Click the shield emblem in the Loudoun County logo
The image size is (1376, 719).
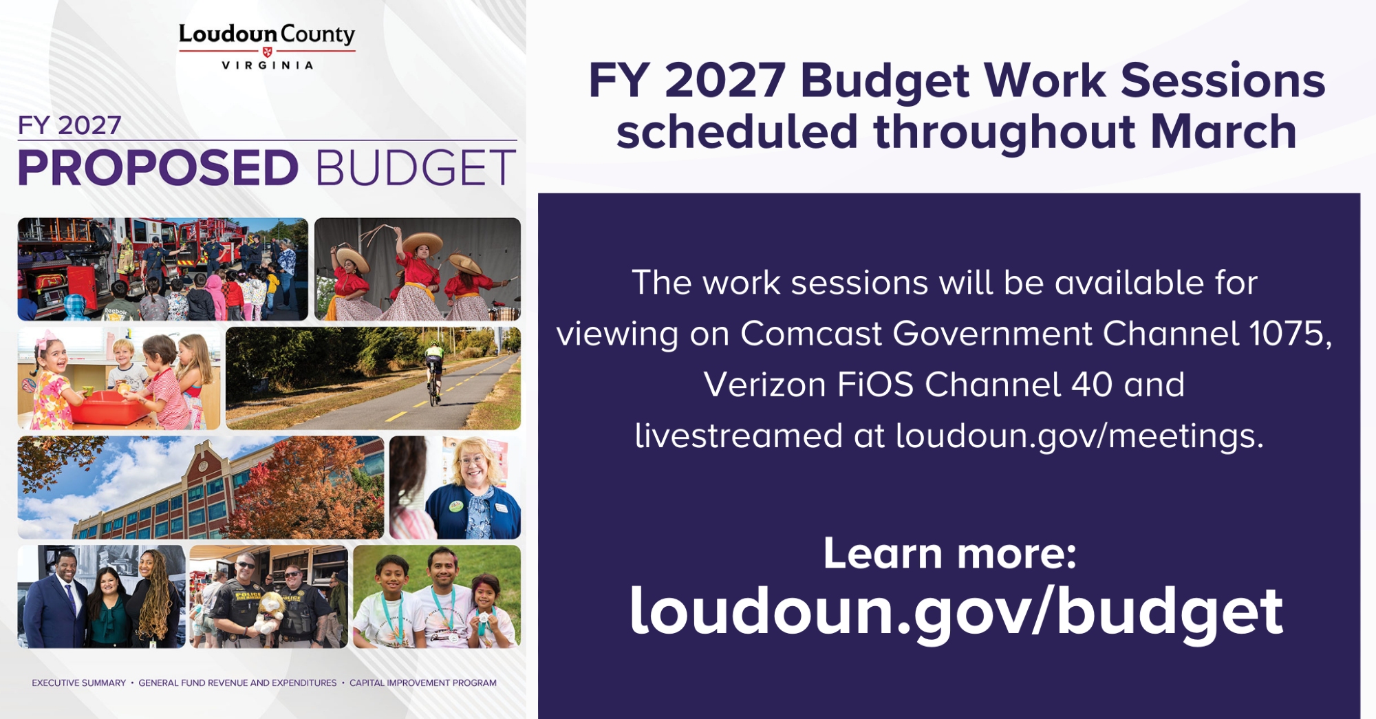coord(268,52)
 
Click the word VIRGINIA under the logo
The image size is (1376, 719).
coord(268,65)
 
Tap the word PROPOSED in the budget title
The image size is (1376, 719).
coord(158,168)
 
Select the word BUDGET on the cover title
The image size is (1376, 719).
coord(416,168)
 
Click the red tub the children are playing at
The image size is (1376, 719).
coord(110,405)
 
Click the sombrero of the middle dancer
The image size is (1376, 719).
coord(422,242)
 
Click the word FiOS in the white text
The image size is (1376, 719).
coord(876,385)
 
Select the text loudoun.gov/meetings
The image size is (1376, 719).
coord(1079,436)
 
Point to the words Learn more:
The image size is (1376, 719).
coord(949,553)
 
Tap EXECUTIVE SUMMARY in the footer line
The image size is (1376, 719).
coord(79,683)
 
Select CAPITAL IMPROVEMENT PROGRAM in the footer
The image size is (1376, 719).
coord(423,683)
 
